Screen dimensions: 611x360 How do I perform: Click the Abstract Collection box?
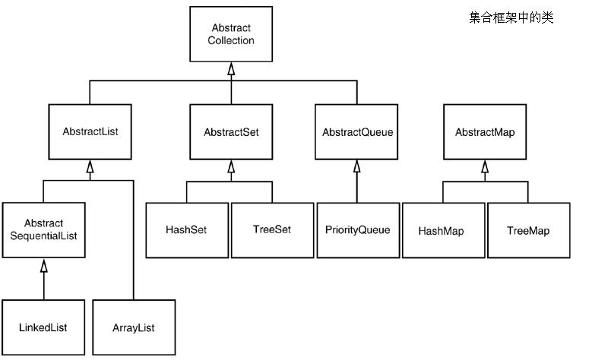pyautogui.click(x=231, y=34)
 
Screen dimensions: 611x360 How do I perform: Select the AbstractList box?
pyautogui.click(x=90, y=131)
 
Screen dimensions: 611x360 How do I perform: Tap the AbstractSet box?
pyautogui.click(x=231, y=131)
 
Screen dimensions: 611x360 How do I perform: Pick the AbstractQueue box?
pyautogui.click(x=356, y=131)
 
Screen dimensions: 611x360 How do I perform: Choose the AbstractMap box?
pyautogui.click(x=485, y=131)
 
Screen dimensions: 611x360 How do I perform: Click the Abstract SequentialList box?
pyautogui.click(x=43, y=230)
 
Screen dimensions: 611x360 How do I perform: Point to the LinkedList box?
pyautogui.click(x=43, y=327)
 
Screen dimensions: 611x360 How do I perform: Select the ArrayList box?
pyautogui.click(x=134, y=327)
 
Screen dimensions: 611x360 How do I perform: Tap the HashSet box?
pyautogui.click(x=187, y=230)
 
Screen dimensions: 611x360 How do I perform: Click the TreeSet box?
pyautogui.click(x=272, y=230)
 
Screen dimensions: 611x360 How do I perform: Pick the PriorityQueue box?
pyautogui.click(x=359, y=230)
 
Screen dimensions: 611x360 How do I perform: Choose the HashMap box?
pyautogui.click(x=444, y=230)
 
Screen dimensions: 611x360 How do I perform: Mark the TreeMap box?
pyautogui.click(x=529, y=230)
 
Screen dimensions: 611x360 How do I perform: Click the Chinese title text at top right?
pyautogui.click(x=511, y=17)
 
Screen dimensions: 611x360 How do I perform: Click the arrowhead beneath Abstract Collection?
pyautogui.click(x=231, y=68)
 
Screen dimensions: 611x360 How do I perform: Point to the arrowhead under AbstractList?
pyautogui.click(x=90, y=166)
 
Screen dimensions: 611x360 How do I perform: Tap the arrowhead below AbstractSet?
pyautogui.click(x=231, y=166)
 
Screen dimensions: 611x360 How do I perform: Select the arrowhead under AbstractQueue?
pyautogui.click(x=356, y=166)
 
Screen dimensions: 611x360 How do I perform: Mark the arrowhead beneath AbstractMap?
pyautogui.click(x=485, y=166)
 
